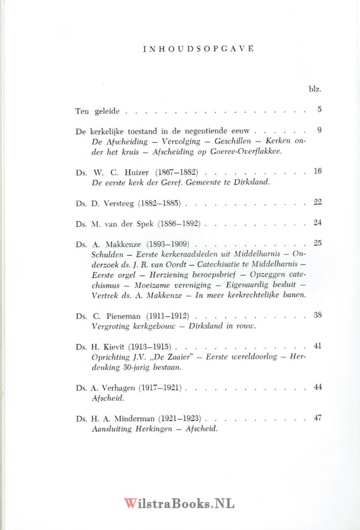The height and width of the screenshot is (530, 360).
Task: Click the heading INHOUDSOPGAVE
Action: [198, 49]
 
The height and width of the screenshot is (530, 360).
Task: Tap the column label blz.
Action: [314, 89]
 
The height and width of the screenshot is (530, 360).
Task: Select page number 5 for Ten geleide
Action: [319, 109]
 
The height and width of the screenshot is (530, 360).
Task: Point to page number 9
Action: [319, 130]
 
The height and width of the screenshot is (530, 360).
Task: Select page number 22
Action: [317, 201]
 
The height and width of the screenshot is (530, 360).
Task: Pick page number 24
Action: [317, 222]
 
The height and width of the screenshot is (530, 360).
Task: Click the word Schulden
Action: [106, 254]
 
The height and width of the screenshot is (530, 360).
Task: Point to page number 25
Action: [317, 243]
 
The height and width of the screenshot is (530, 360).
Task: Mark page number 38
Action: [317, 315]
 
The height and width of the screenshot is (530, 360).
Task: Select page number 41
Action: [317, 345]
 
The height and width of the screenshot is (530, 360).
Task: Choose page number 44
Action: [317, 387]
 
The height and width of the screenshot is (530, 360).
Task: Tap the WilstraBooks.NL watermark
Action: [179, 503]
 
